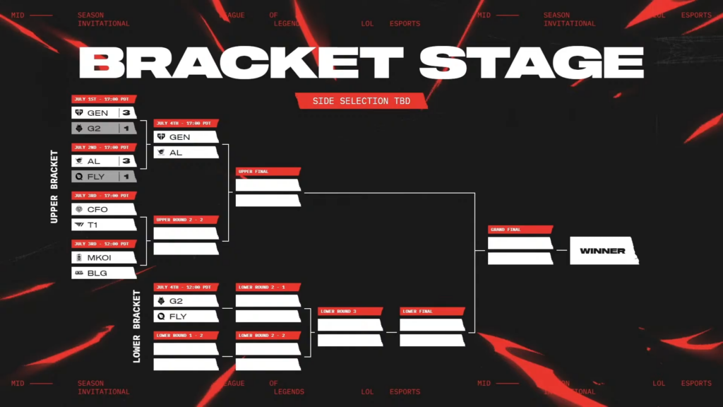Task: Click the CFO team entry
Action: [x=103, y=209]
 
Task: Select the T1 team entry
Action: [x=103, y=225]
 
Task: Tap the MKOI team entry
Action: [x=103, y=257]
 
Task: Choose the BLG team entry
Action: [x=103, y=273]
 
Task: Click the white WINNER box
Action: [x=603, y=251]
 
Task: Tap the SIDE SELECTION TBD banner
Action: [x=361, y=101]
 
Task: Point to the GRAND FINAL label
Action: [x=519, y=230]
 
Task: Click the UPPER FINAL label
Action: [x=268, y=172]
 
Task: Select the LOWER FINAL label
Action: [x=431, y=312]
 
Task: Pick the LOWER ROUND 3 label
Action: [x=349, y=312]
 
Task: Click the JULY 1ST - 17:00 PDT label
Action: [x=104, y=100]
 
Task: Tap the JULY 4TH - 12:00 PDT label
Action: [x=186, y=288]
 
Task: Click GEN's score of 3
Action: [x=126, y=113]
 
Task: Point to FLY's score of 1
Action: [x=126, y=177]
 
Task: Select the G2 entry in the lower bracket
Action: [x=185, y=301]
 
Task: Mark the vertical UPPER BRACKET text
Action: [x=54, y=187]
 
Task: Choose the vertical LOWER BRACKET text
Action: [x=137, y=326]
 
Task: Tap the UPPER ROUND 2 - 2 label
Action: [x=186, y=220]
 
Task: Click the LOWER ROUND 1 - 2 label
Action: [x=186, y=336]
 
